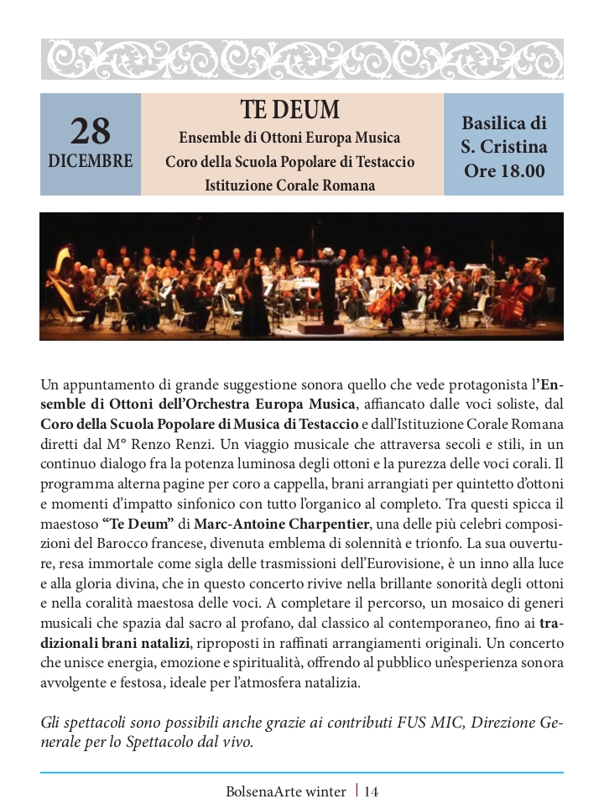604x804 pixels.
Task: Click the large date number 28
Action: [x=90, y=131]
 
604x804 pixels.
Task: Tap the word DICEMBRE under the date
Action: [x=90, y=161]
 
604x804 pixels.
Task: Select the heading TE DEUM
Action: [x=290, y=111]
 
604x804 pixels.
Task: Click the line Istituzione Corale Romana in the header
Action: [x=290, y=185]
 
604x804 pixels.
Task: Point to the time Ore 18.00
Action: [x=503, y=171]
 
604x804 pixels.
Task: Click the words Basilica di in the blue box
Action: [x=503, y=123]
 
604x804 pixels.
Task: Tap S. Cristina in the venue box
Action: [x=503, y=147]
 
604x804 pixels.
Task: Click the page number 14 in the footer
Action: [x=372, y=791]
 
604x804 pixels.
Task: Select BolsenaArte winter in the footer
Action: [x=285, y=791]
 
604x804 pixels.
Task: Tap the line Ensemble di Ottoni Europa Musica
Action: [x=290, y=137]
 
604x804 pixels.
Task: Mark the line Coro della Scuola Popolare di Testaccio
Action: [x=290, y=161]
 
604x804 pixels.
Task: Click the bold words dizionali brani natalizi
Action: [x=114, y=643]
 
